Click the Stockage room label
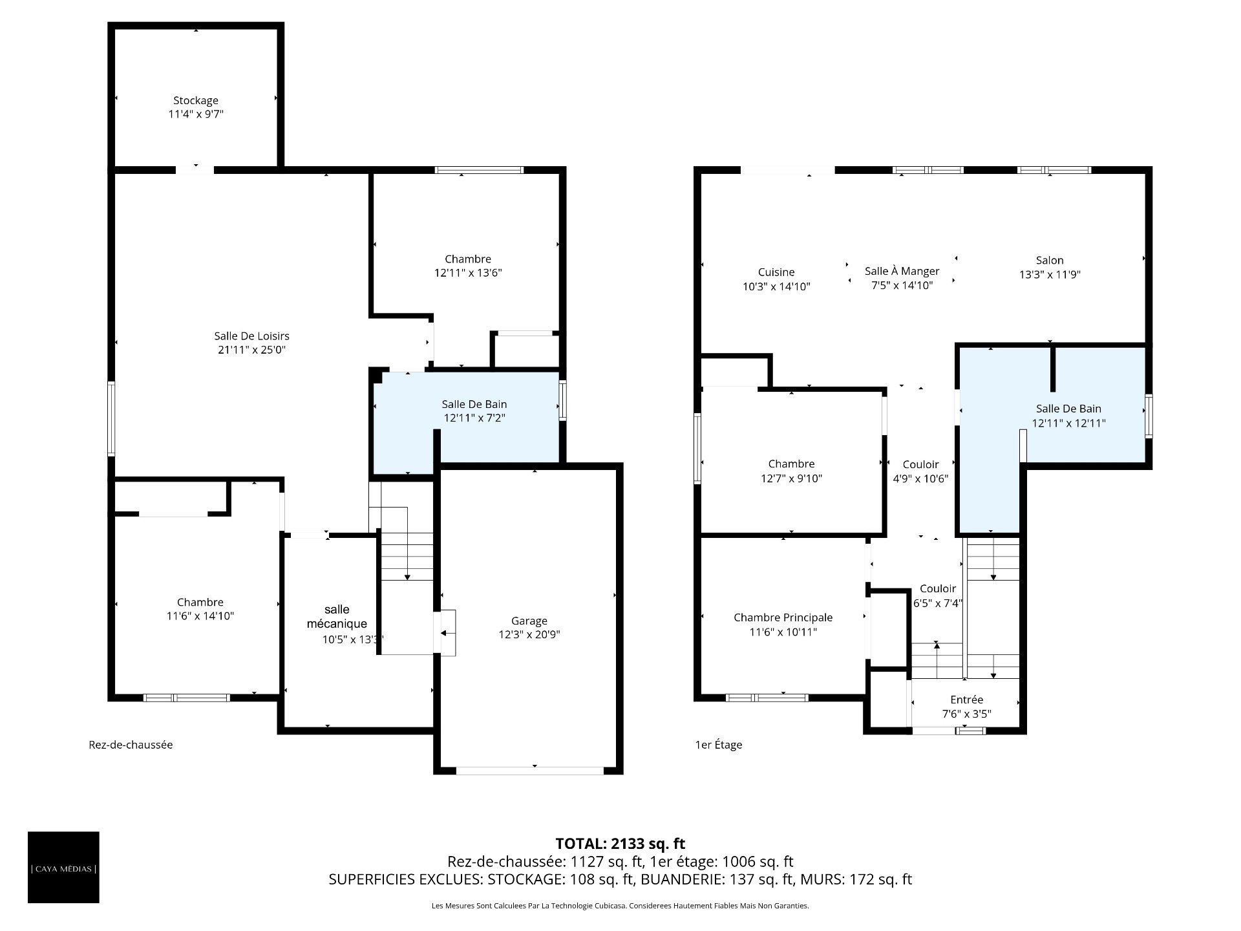(x=196, y=100)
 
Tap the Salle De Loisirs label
(x=251, y=336)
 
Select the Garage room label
(x=529, y=621)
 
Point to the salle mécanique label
(x=337, y=617)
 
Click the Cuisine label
(x=776, y=272)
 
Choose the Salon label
(x=1050, y=261)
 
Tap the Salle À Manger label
(x=902, y=271)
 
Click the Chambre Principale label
(x=783, y=617)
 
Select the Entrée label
(x=967, y=700)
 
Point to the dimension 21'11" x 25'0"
(x=251, y=350)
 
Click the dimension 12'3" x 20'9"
(x=529, y=635)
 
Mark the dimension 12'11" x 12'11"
(x=1068, y=423)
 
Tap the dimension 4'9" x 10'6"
(x=920, y=479)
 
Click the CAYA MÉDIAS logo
(x=63, y=868)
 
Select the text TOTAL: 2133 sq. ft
(x=620, y=844)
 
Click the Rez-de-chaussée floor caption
(x=131, y=745)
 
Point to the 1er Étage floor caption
(x=718, y=745)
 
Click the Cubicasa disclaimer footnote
(x=620, y=906)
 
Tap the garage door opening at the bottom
(x=529, y=771)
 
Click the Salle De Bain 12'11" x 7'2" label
(x=474, y=411)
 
